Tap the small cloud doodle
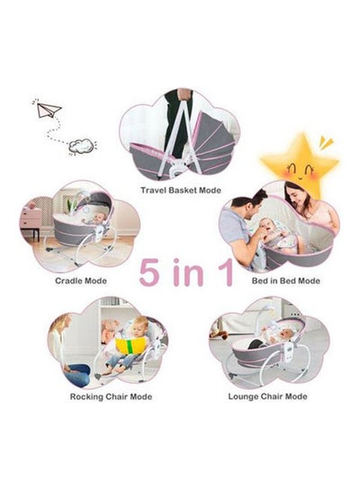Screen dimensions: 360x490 click(81, 146)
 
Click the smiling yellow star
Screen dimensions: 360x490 click(300, 165)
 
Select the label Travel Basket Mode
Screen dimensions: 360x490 click(181, 190)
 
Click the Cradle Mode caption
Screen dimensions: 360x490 click(81, 281)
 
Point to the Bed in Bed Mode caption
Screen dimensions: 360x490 click(286, 281)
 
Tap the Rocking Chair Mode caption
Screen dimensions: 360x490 click(111, 396)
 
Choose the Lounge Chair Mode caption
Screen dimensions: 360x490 click(267, 396)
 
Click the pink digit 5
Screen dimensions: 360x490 click(148, 272)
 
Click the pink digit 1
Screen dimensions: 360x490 click(227, 272)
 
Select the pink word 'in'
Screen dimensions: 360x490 click(188, 272)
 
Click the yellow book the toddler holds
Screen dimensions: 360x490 click(130, 345)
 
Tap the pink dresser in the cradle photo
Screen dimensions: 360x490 click(31, 220)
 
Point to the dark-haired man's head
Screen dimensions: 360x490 click(251, 202)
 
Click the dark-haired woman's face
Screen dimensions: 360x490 click(296, 198)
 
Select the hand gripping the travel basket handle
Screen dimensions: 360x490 click(183, 94)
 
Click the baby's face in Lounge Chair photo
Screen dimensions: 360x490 click(286, 335)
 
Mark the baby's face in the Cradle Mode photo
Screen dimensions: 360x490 click(100, 218)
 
